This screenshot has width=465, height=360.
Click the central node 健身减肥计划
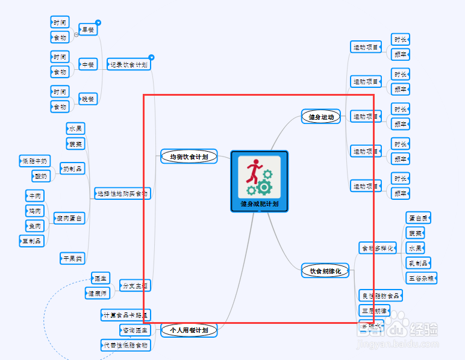click(259, 203)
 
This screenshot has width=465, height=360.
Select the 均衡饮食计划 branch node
click(189, 157)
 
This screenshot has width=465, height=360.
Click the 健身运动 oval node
click(321, 117)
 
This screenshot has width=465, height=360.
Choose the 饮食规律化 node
click(325, 271)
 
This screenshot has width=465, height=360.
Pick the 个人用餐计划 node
click(189, 330)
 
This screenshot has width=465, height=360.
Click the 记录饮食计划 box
click(129, 64)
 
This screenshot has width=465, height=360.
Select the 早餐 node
click(88, 29)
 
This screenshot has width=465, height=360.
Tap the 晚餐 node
click(88, 99)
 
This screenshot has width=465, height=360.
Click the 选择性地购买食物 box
click(122, 193)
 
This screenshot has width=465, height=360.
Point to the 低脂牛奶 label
click(34, 161)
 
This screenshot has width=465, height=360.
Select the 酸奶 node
click(40, 176)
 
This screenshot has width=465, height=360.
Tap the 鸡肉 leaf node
click(34, 211)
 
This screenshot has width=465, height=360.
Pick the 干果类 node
click(72, 258)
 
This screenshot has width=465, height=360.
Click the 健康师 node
click(97, 293)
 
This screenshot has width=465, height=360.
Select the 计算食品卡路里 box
click(125, 315)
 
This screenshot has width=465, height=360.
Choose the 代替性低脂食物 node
click(125, 345)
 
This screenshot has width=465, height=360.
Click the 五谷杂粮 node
click(422, 278)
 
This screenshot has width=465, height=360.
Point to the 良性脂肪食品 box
click(380, 296)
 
